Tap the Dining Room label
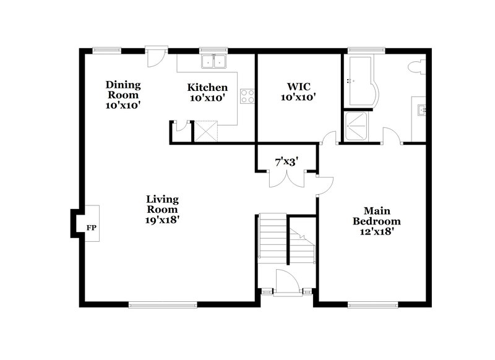pyautogui.click(x=123, y=95)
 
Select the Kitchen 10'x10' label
pyautogui.click(x=207, y=92)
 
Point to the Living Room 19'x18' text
pyautogui.click(x=163, y=208)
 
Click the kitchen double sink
pyautogui.click(x=213, y=61)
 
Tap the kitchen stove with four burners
pyautogui.click(x=247, y=95)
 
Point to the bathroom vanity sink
pyautogui.click(x=422, y=111)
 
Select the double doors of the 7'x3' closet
pyautogui.click(x=286, y=178)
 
